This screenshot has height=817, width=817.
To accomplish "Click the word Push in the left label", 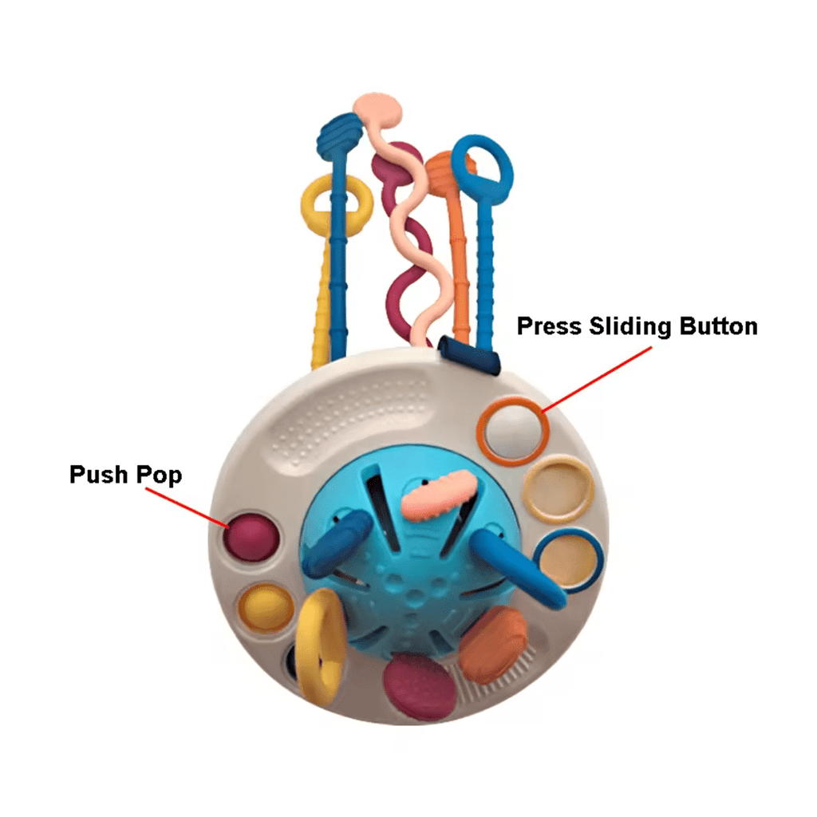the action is [x=98, y=475].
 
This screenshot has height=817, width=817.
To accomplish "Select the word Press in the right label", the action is [x=549, y=326].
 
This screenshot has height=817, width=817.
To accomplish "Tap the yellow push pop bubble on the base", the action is [x=265, y=608].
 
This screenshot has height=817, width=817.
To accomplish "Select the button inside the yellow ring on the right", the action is [x=558, y=490].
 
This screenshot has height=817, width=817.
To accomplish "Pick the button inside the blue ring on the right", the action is [x=568, y=560].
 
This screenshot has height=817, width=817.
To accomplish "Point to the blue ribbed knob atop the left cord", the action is [x=337, y=133].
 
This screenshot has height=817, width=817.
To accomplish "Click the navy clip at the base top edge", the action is [x=468, y=355].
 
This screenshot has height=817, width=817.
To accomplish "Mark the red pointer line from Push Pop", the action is [x=187, y=507].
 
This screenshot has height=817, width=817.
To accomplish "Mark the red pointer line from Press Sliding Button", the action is [x=597, y=379].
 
